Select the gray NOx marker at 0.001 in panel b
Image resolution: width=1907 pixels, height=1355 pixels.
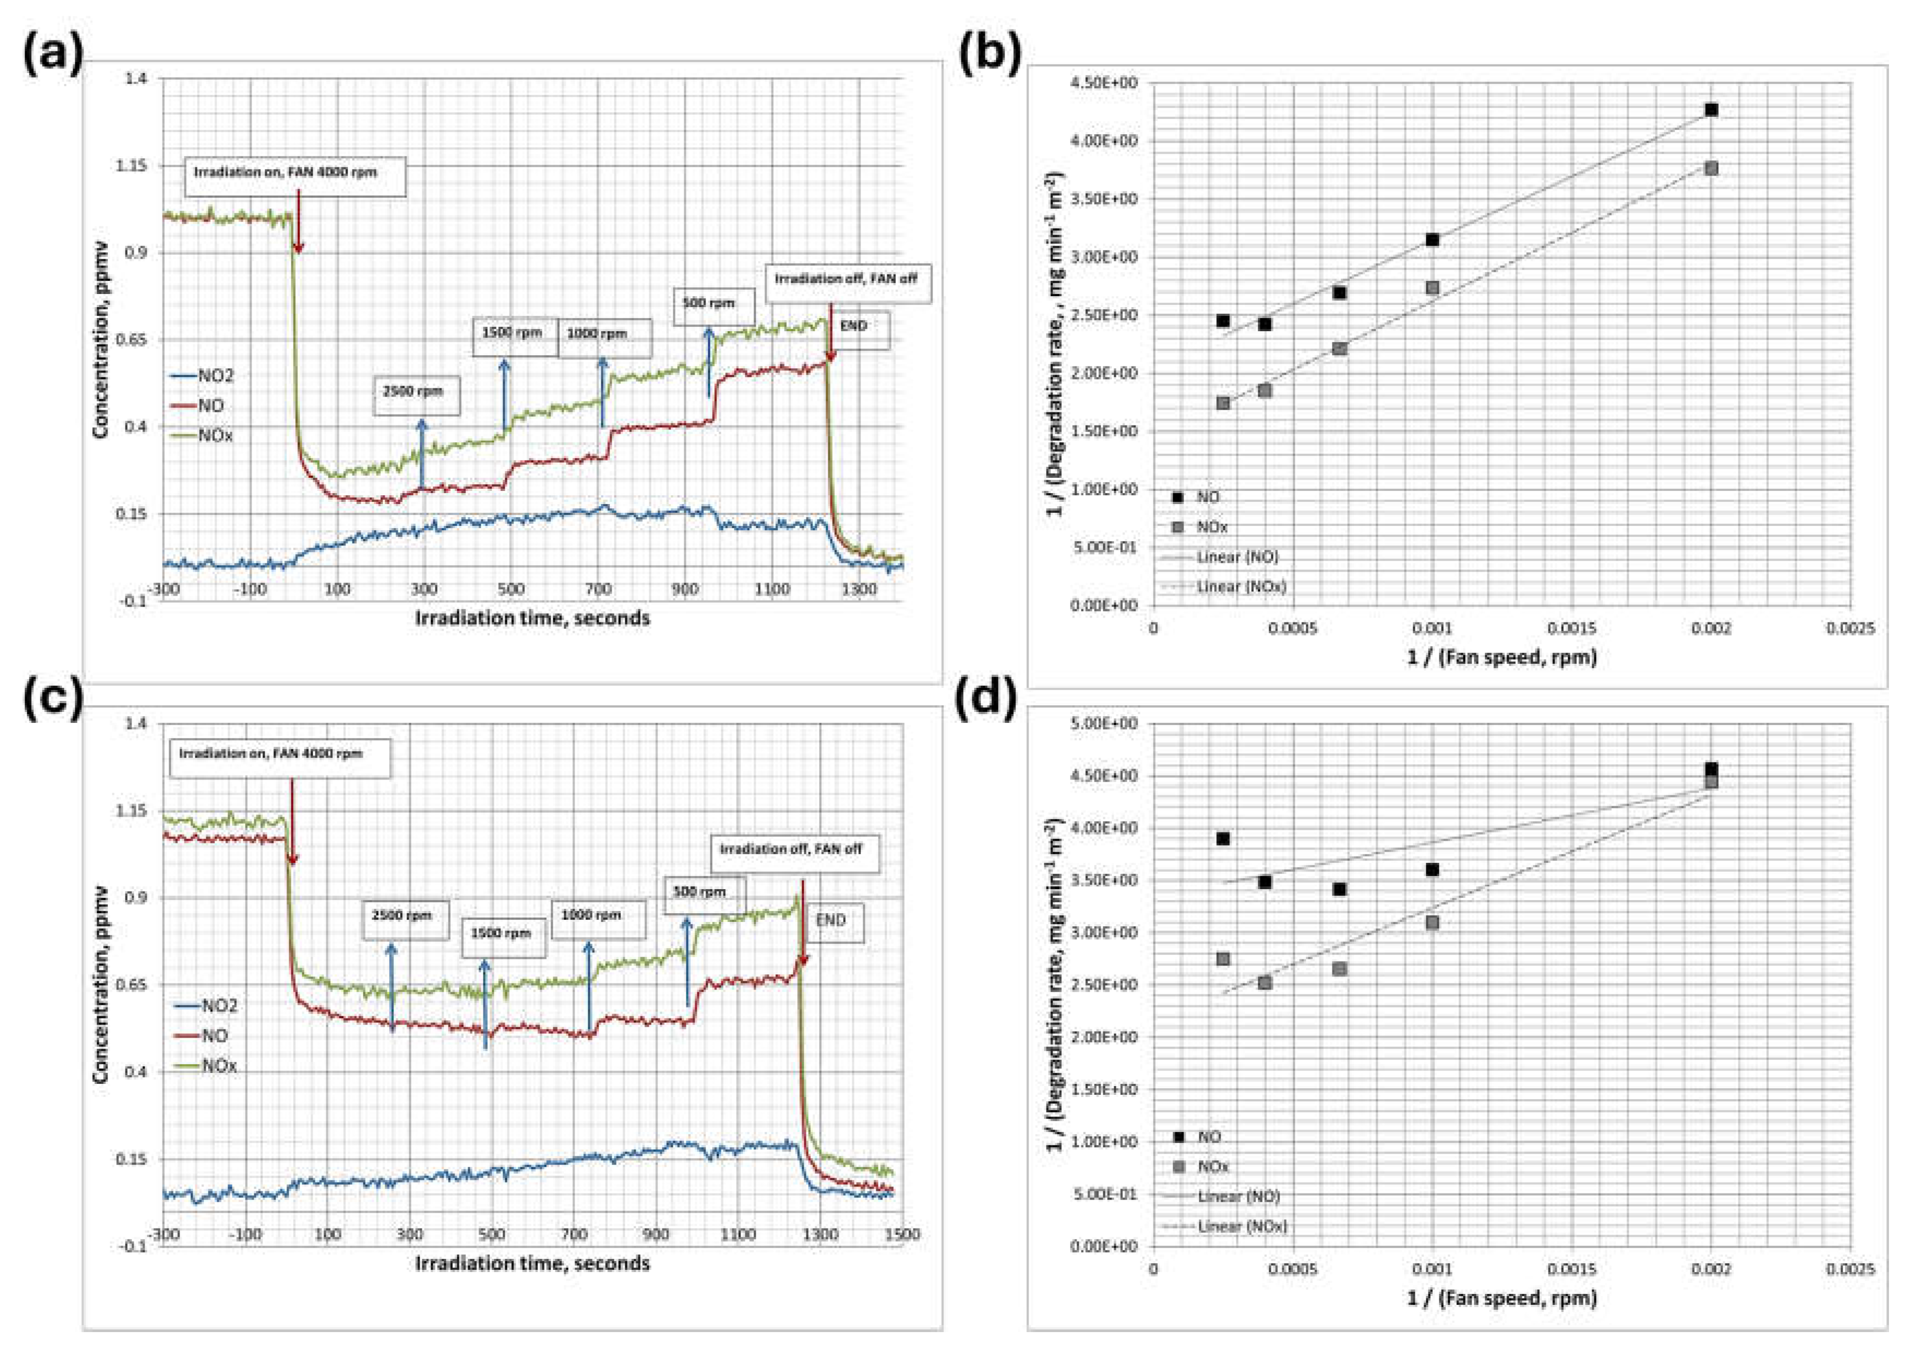1432,288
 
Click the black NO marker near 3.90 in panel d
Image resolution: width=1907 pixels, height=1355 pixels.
1223,838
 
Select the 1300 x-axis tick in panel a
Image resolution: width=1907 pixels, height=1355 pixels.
859,590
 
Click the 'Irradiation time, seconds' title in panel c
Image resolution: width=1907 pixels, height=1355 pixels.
533,1263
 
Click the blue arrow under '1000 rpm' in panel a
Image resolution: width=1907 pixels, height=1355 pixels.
602,392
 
